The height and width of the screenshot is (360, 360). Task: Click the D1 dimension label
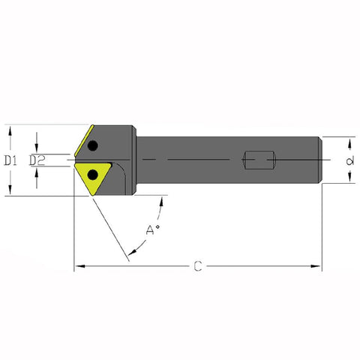10,160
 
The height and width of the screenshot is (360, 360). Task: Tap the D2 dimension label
37,160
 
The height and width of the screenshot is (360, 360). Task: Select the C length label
198,266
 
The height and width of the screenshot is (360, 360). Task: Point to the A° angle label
152,229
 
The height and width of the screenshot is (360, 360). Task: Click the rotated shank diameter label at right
350,160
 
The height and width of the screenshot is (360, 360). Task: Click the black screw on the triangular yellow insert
93,175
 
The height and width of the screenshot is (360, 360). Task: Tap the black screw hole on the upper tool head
93,145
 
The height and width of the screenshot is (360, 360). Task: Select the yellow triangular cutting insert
93,177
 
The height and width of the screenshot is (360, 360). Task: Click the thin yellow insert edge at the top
84,140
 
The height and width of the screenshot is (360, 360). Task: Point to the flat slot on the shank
259,160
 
